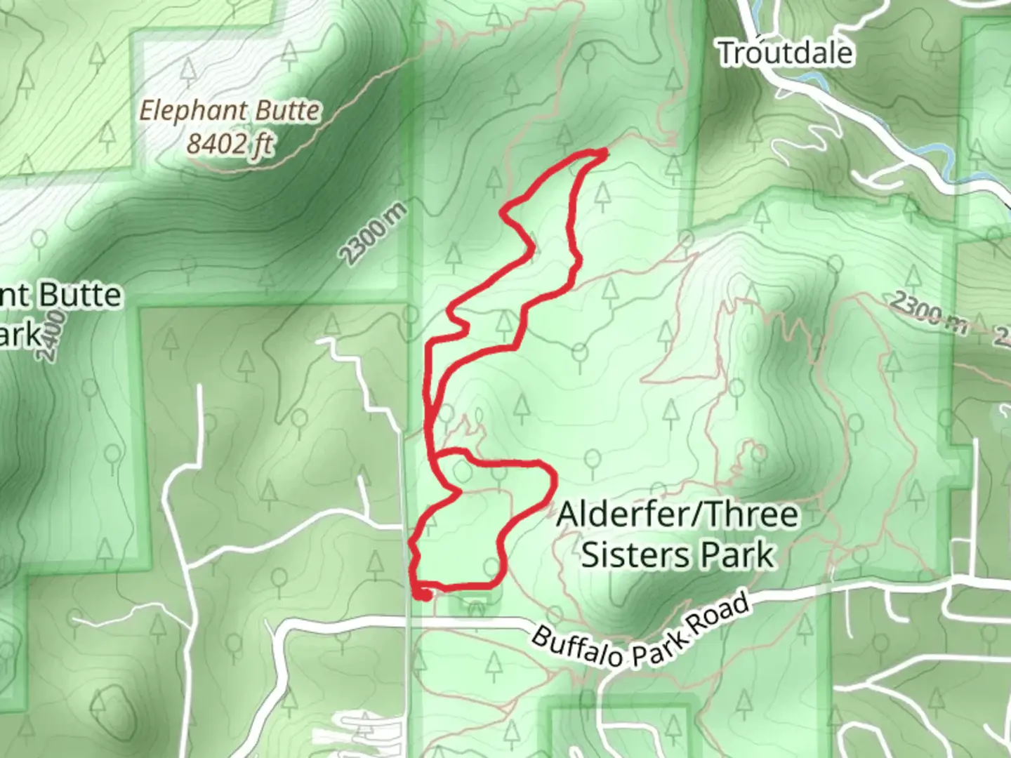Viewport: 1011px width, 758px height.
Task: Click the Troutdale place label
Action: (786, 53)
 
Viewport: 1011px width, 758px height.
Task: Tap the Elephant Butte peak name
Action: (230, 111)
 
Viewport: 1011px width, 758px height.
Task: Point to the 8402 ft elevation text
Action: (230, 144)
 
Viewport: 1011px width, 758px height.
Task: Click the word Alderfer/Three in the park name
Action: (678, 514)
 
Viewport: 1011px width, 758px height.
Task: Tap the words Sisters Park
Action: (678, 554)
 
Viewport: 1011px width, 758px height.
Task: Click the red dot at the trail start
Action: (423, 595)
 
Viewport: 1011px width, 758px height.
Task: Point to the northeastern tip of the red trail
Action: (604, 152)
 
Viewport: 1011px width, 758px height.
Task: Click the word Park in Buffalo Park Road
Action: (658, 646)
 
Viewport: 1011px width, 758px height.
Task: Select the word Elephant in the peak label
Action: (193, 111)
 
